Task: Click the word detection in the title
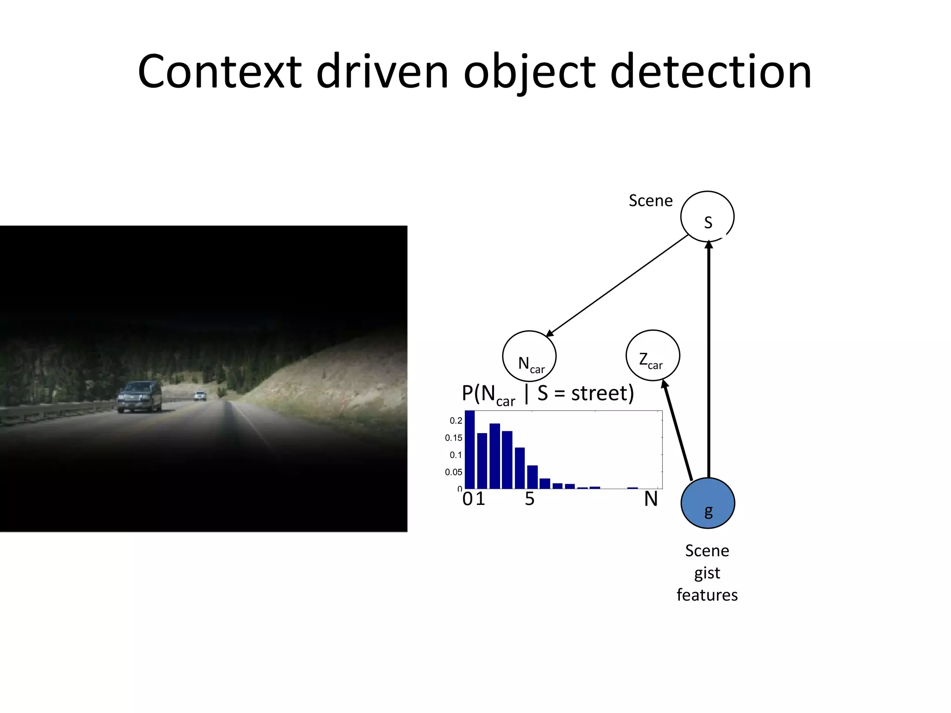[x=710, y=72]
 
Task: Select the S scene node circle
[x=707, y=217]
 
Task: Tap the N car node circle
[x=529, y=356]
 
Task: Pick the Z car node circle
[x=653, y=356]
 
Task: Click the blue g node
[x=708, y=503]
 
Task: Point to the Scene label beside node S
[x=651, y=201]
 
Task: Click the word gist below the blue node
[x=707, y=573]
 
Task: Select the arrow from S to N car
[x=618, y=285]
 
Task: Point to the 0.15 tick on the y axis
[x=454, y=438]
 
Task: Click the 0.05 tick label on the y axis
[x=454, y=472]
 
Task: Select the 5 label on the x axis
[x=530, y=499]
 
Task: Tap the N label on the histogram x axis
[x=651, y=499]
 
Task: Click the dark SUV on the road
[x=139, y=396]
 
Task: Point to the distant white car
[x=200, y=395]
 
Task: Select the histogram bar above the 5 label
[x=532, y=477]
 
